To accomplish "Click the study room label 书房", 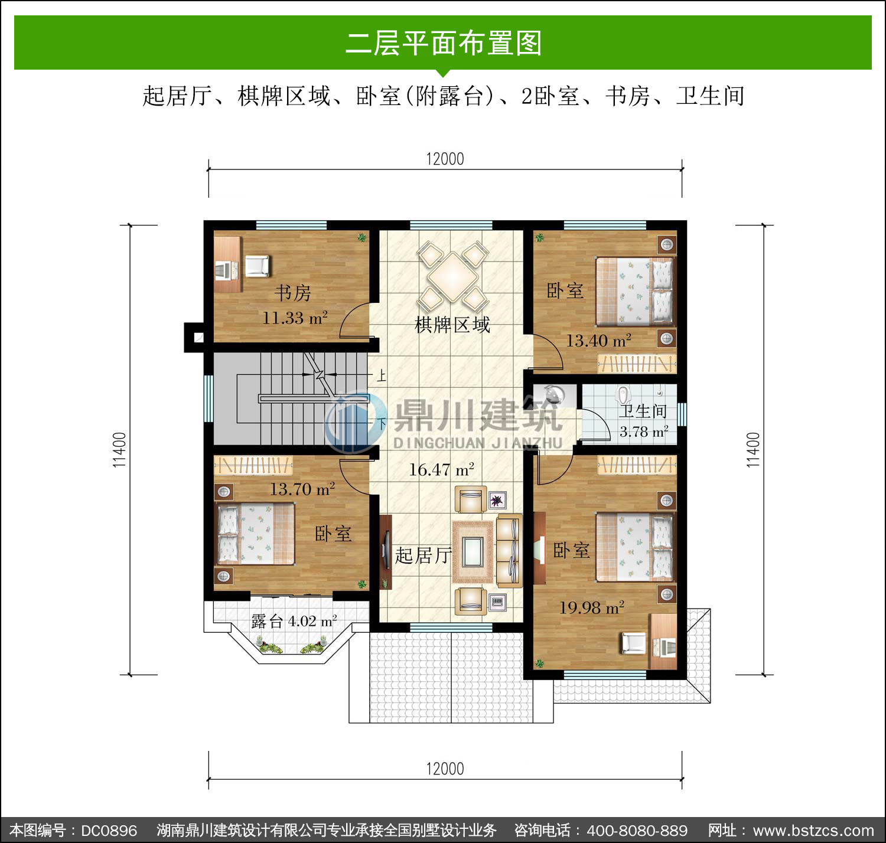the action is point(293,293).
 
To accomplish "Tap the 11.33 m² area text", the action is point(295,318).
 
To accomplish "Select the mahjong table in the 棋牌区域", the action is point(453,277).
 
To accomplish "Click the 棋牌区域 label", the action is point(452,325).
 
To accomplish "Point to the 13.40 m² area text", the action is point(598,340).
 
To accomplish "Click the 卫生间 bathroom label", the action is point(643,410).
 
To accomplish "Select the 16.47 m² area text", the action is point(441,469).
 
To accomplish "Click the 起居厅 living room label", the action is point(423,556).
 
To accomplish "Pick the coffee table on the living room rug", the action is point(473,552).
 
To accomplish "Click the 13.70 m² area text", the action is point(302,489).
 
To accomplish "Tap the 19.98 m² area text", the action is point(592,607).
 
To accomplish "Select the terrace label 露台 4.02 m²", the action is point(294,621).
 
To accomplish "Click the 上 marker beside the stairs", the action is point(381,375).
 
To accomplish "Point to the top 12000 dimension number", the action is point(445,159).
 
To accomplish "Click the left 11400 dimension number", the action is point(119,450).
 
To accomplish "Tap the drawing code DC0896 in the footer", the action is point(109,830).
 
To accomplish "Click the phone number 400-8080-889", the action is point(637,830).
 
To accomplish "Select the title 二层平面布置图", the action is point(444,43).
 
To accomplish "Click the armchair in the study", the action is point(258,266).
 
